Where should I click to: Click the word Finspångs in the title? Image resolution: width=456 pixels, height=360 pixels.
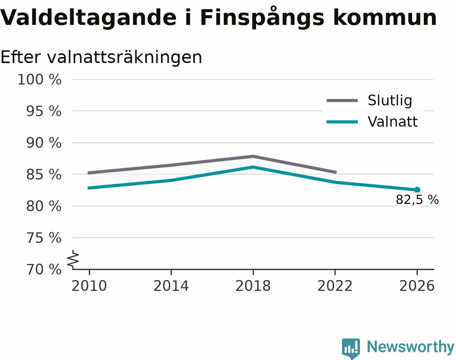click(x=262, y=18)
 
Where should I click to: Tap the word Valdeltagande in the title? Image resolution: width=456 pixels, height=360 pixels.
click(x=88, y=18)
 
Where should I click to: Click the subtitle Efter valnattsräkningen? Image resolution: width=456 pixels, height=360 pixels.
click(x=101, y=57)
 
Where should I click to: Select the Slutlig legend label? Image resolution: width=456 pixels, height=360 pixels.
click(x=390, y=100)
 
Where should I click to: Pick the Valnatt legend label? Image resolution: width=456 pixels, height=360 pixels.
click(x=393, y=122)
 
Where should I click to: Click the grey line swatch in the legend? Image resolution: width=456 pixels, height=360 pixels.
click(x=342, y=100)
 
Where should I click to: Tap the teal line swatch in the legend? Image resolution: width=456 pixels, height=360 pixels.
click(x=342, y=122)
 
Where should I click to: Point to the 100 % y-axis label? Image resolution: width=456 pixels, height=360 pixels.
click(x=39, y=80)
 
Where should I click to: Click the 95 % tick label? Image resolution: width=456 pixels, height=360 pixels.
click(x=44, y=111)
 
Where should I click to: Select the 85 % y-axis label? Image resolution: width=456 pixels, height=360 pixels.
click(x=44, y=175)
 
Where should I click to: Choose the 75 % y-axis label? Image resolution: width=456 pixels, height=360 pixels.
click(x=44, y=238)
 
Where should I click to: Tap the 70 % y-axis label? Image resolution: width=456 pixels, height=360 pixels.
click(x=44, y=270)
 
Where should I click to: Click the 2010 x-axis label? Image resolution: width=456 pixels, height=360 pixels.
click(x=89, y=286)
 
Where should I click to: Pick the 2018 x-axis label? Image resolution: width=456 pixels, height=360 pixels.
click(x=253, y=286)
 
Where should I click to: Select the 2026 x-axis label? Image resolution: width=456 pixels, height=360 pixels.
click(x=417, y=286)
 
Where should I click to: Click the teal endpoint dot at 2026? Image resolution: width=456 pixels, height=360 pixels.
click(x=417, y=190)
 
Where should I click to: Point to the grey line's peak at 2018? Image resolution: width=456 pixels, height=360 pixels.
click(x=253, y=157)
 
